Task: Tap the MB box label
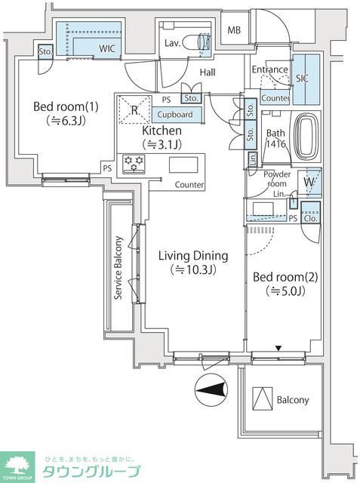click(235, 29)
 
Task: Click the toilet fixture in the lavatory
click(202, 42)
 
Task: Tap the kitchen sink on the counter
click(182, 165)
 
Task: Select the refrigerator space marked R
click(134, 110)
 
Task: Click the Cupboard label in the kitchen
click(175, 115)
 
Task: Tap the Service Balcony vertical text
click(118, 269)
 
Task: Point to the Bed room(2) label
click(285, 276)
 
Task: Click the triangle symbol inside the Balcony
click(261, 397)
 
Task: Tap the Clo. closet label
click(309, 219)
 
